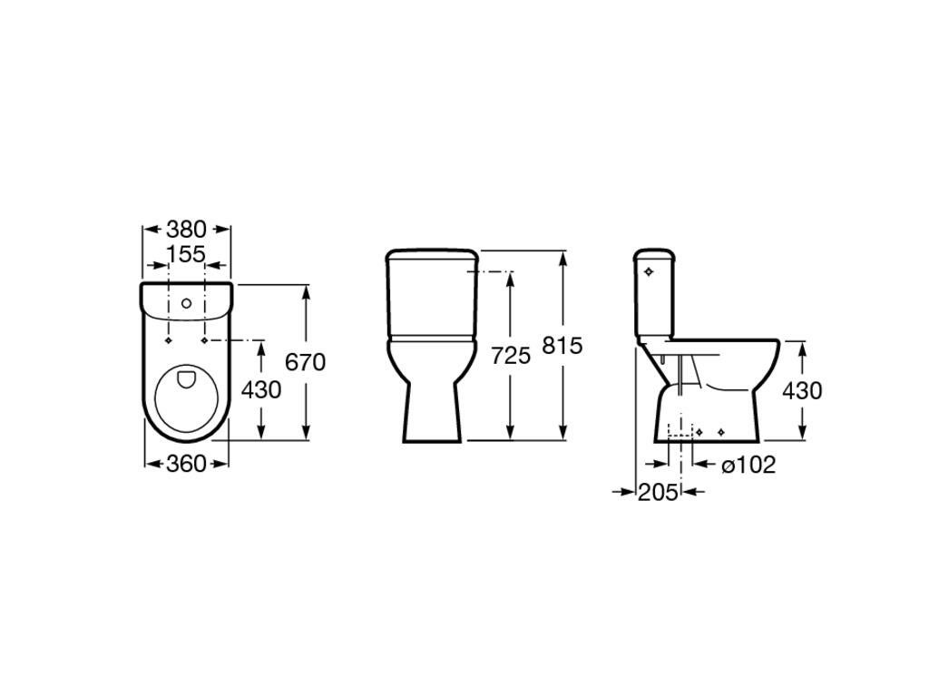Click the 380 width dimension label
point(185,229)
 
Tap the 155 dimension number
point(185,254)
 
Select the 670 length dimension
point(305,361)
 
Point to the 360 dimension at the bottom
point(186,464)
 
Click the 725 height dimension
point(512,356)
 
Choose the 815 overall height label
point(562,346)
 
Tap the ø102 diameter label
point(748,465)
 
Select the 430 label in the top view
point(261,390)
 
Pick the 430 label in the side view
point(802,390)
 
